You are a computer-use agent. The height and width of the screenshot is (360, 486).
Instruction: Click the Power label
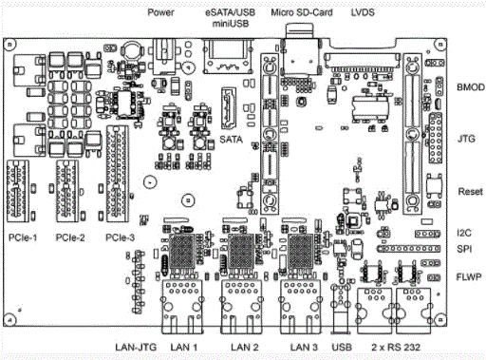pyautogui.click(x=160, y=12)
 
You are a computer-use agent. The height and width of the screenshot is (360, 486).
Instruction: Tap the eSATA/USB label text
pyautogui.click(x=230, y=12)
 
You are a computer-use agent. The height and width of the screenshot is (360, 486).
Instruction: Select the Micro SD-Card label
pyautogui.click(x=302, y=12)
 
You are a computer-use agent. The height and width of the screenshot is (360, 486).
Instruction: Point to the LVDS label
pyautogui.click(x=363, y=12)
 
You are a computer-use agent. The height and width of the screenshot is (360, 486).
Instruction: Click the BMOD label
pyautogui.click(x=471, y=87)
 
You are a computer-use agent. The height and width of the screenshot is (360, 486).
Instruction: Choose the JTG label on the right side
pyautogui.click(x=466, y=139)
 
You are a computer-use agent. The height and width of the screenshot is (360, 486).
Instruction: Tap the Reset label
pyautogui.click(x=471, y=192)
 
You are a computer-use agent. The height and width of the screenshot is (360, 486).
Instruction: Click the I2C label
pyautogui.click(x=464, y=233)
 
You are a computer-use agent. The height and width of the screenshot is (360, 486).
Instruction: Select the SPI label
pyautogui.click(x=464, y=249)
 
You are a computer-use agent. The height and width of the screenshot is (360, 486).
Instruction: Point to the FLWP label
pyautogui.click(x=469, y=277)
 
